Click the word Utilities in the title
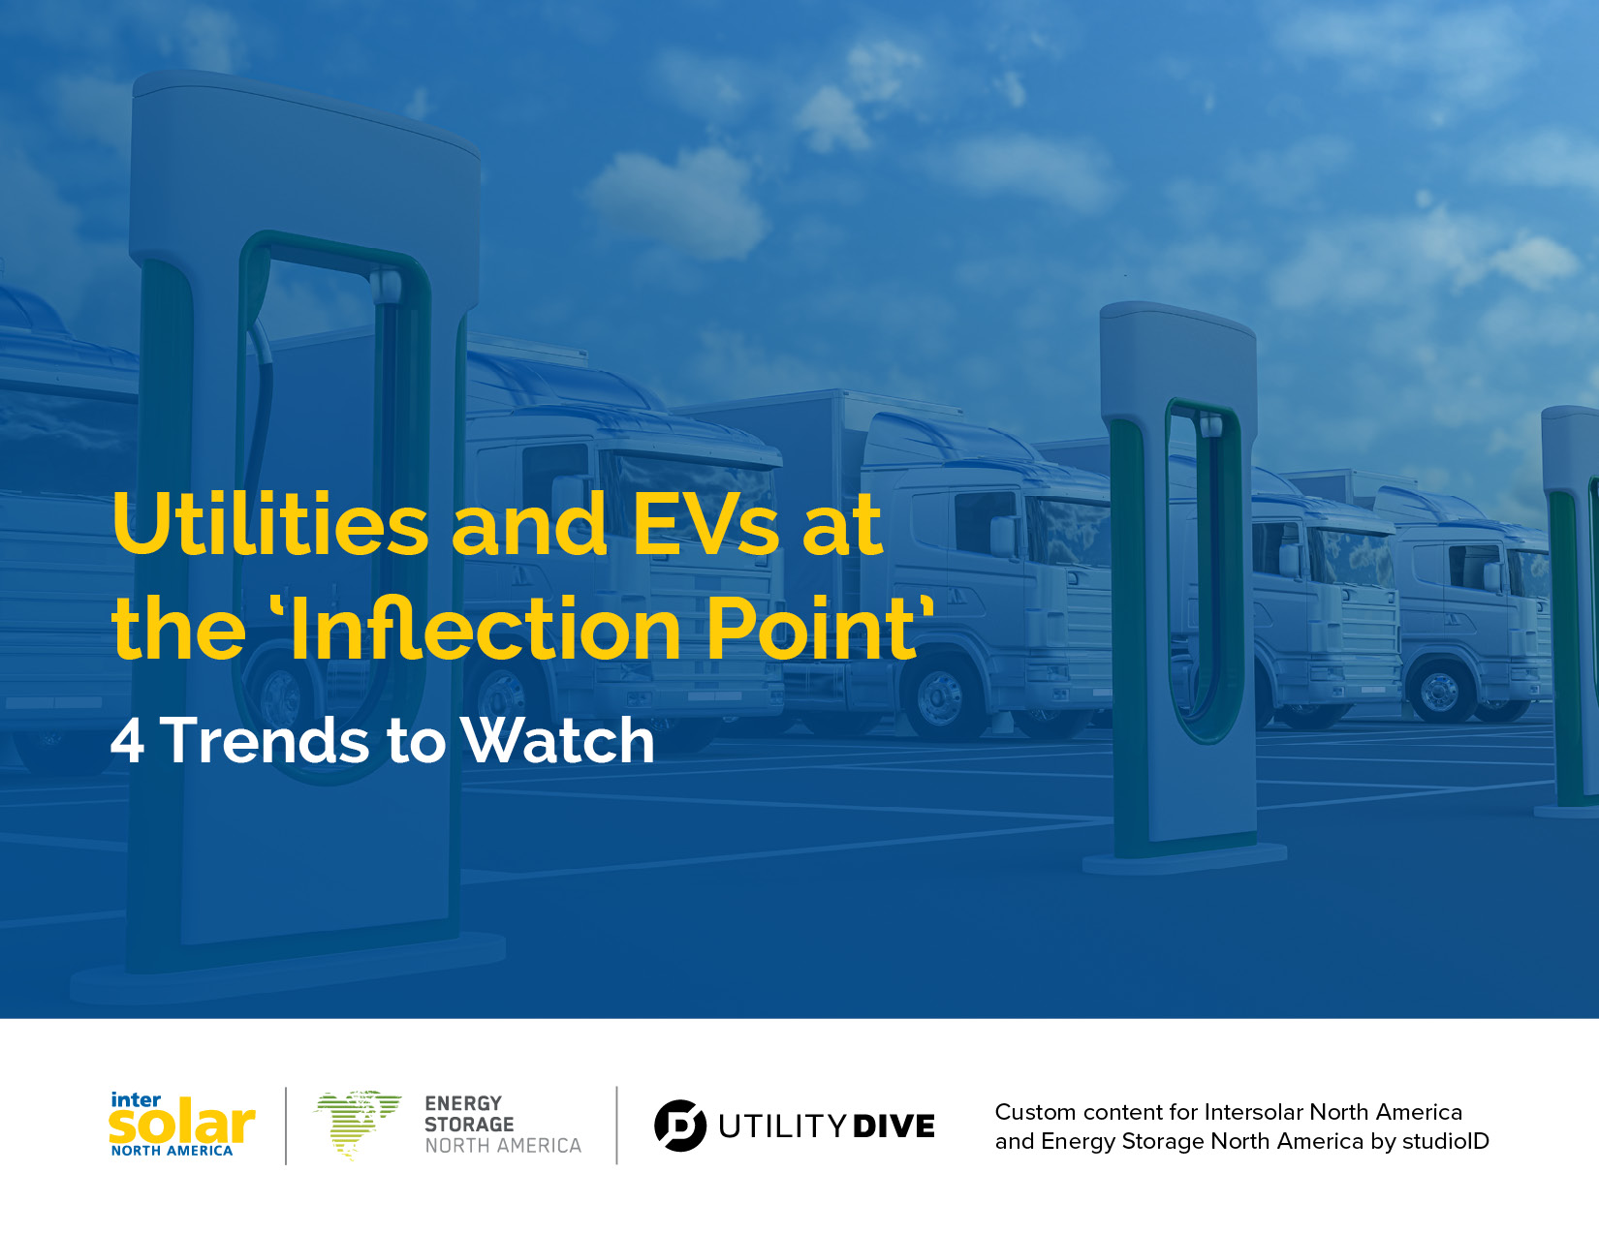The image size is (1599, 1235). (270, 524)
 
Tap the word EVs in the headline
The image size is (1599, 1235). (705, 524)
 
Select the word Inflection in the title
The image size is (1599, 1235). (486, 627)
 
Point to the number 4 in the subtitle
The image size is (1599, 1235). (127, 741)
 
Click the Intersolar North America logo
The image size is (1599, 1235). (182, 1125)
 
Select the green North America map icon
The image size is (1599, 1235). (359, 1125)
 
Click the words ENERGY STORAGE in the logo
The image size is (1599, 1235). (469, 1114)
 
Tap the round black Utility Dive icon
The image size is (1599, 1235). (680, 1126)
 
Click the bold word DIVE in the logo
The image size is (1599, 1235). (894, 1127)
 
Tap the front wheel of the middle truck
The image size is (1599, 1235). (939, 695)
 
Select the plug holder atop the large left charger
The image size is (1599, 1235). (386, 285)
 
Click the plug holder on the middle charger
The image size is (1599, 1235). (1210, 424)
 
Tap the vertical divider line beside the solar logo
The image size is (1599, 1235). (286, 1126)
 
